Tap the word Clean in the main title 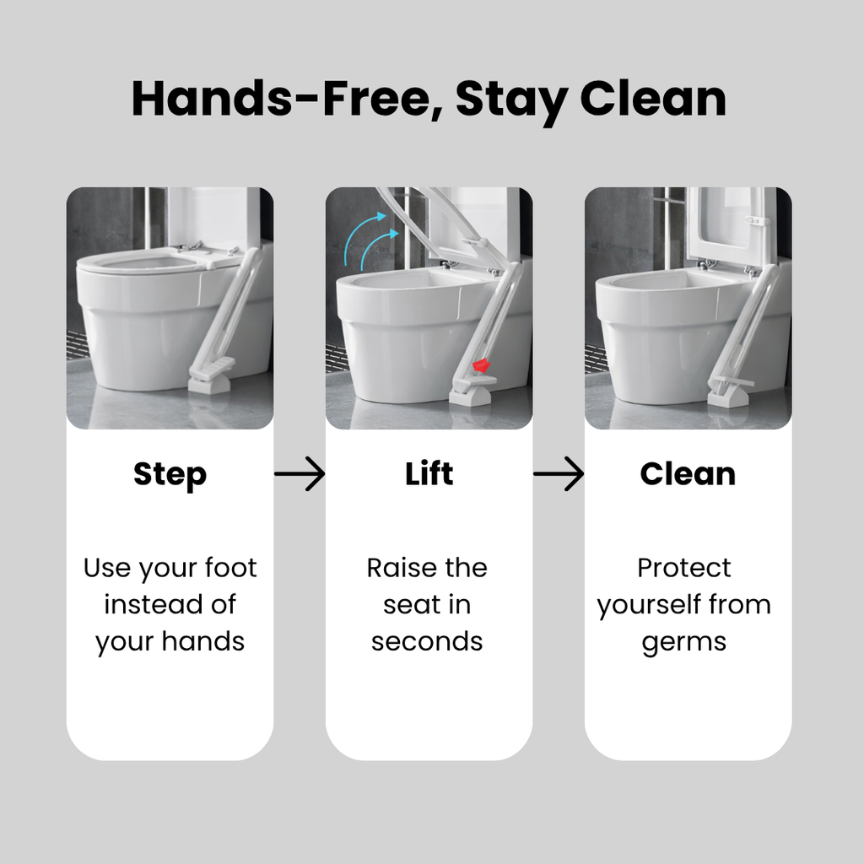point(654,100)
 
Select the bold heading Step point(170,475)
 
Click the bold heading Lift point(429,473)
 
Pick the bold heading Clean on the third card point(688,474)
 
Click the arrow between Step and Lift point(300,473)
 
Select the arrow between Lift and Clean point(559,473)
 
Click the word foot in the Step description point(231,568)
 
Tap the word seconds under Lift point(427,642)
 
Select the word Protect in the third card point(683,568)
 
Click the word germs point(683,643)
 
